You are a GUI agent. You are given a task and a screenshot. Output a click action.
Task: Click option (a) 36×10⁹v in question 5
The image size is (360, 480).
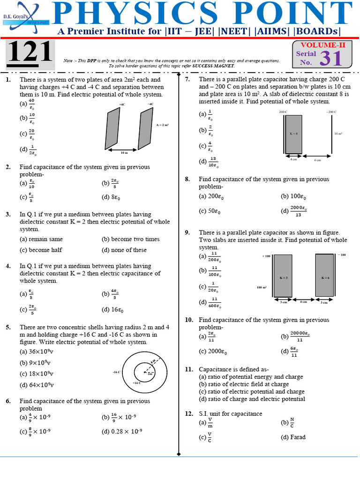[x=36, y=351]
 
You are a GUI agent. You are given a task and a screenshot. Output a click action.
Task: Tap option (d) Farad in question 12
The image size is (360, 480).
[x=293, y=437]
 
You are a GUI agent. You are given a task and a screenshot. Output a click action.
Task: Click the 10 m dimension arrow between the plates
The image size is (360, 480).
[x=124, y=150]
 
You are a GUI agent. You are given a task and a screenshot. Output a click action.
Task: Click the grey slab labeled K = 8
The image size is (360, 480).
[x=294, y=134]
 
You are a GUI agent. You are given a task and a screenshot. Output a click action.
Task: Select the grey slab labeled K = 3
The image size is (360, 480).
[x=283, y=277]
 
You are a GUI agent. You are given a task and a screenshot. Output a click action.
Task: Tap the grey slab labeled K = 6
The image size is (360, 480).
[x=325, y=277]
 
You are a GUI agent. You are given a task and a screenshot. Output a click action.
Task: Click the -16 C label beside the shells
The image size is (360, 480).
[x=117, y=372]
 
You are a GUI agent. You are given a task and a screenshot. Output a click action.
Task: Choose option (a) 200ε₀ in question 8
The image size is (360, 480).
[x=210, y=196]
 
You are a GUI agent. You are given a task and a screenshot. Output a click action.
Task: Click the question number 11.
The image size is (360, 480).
[x=189, y=369]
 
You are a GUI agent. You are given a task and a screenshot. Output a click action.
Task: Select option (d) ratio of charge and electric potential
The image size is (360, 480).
[x=252, y=399]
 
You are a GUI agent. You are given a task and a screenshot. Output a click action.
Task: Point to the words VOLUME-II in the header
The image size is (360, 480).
[x=322, y=45]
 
